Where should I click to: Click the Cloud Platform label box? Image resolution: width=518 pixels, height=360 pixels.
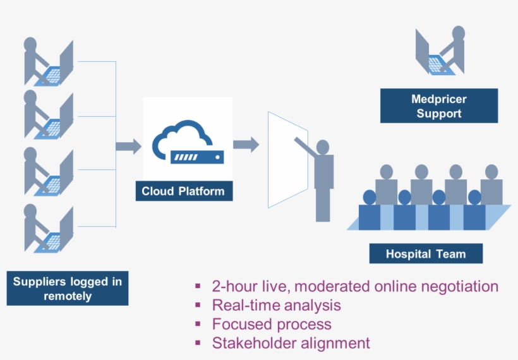point(183,191)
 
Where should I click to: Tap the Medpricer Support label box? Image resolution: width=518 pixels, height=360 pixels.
point(439,106)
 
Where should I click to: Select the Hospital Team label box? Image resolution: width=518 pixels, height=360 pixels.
point(426,254)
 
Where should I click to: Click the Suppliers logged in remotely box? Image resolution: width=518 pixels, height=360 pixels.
point(68,288)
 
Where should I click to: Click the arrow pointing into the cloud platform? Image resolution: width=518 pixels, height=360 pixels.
point(128,147)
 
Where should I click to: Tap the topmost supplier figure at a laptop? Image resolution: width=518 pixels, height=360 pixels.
point(47,63)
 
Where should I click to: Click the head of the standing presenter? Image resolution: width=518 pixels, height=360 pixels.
point(323,147)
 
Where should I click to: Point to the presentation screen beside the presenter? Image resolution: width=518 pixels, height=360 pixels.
point(287,160)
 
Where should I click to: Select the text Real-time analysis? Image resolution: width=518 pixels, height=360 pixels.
point(276,305)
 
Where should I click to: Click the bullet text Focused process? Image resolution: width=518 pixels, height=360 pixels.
point(271,324)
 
